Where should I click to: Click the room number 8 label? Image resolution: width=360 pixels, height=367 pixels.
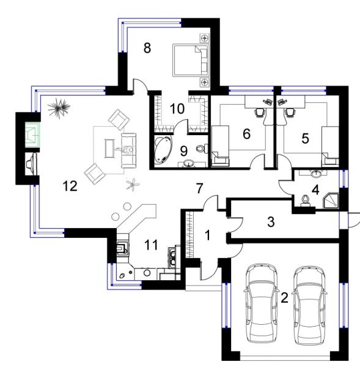[147, 48]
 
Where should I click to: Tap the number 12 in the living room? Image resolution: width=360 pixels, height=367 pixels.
[70, 186]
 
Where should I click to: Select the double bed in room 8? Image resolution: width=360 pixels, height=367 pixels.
[191, 60]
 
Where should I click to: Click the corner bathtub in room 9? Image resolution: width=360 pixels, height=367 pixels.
[163, 150]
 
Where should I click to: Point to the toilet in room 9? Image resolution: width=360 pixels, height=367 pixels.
[202, 149]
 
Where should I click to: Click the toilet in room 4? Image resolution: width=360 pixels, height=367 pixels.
[306, 201]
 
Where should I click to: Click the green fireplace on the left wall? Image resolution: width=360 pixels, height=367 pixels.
[32, 135]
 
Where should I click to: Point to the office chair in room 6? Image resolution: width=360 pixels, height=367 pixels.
[260, 112]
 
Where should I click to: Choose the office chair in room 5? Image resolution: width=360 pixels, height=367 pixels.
[290, 112]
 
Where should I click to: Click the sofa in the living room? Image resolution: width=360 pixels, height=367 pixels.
[128, 150]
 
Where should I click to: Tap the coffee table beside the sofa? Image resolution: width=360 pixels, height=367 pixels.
[109, 149]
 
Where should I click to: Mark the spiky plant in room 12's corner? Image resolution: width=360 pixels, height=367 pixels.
[59, 107]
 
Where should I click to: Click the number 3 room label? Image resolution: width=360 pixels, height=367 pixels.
[271, 221]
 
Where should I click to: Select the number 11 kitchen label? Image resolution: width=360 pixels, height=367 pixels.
[151, 245]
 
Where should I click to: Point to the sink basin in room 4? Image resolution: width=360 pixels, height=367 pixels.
[316, 174]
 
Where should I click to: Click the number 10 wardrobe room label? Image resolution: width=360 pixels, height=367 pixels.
[177, 109]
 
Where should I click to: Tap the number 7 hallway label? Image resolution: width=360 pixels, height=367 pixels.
[199, 188]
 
